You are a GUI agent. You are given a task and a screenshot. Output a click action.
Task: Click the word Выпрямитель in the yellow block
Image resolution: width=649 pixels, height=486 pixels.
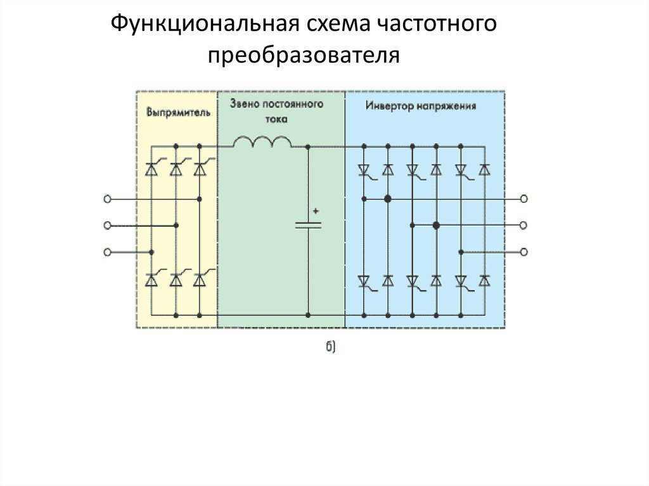pyautogui.click(x=178, y=113)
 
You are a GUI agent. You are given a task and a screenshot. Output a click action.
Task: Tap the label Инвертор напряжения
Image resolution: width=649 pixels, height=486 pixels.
pyautogui.click(x=421, y=106)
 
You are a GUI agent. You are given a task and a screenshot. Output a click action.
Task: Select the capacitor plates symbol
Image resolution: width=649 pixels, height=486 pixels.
pyautogui.click(x=308, y=225)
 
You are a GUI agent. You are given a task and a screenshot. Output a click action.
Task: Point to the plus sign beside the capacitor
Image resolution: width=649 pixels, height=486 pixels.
pyautogui.click(x=316, y=211)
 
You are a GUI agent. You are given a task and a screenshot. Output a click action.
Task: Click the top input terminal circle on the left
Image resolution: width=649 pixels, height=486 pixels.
pyautogui.click(x=107, y=199)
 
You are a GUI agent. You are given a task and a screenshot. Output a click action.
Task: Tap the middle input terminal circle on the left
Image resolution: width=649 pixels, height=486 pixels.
pyautogui.click(x=107, y=226)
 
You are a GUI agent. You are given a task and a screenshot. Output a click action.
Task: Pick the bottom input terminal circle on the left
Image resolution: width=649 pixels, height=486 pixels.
pyautogui.click(x=107, y=252)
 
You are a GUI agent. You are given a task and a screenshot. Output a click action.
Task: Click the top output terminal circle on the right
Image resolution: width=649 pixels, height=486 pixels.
pyautogui.click(x=524, y=199)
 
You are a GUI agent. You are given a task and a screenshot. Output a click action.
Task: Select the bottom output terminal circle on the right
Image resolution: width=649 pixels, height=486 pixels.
pyautogui.click(x=524, y=252)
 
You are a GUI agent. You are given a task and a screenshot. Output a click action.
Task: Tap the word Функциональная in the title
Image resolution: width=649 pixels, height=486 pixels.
pyautogui.click(x=205, y=24)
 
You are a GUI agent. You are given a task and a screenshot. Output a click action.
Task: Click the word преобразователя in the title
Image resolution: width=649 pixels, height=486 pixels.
pyautogui.click(x=304, y=55)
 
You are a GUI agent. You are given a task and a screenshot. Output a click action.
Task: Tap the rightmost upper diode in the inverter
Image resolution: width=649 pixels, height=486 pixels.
pyautogui.click(x=485, y=170)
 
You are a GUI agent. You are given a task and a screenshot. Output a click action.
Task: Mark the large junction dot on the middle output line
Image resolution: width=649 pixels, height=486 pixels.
pyautogui.click(x=436, y=226)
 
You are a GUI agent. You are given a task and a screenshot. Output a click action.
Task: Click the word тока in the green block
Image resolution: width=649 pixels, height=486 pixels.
pyautogui.click(x=276, y=119)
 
